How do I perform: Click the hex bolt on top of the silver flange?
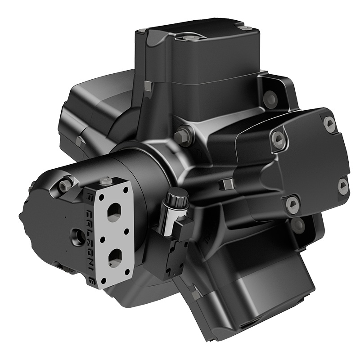tap(105, 181)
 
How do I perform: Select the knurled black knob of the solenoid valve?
tap(177, 198)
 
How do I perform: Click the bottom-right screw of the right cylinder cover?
tap(343, 186)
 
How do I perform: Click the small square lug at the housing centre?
tap(226, 184)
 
